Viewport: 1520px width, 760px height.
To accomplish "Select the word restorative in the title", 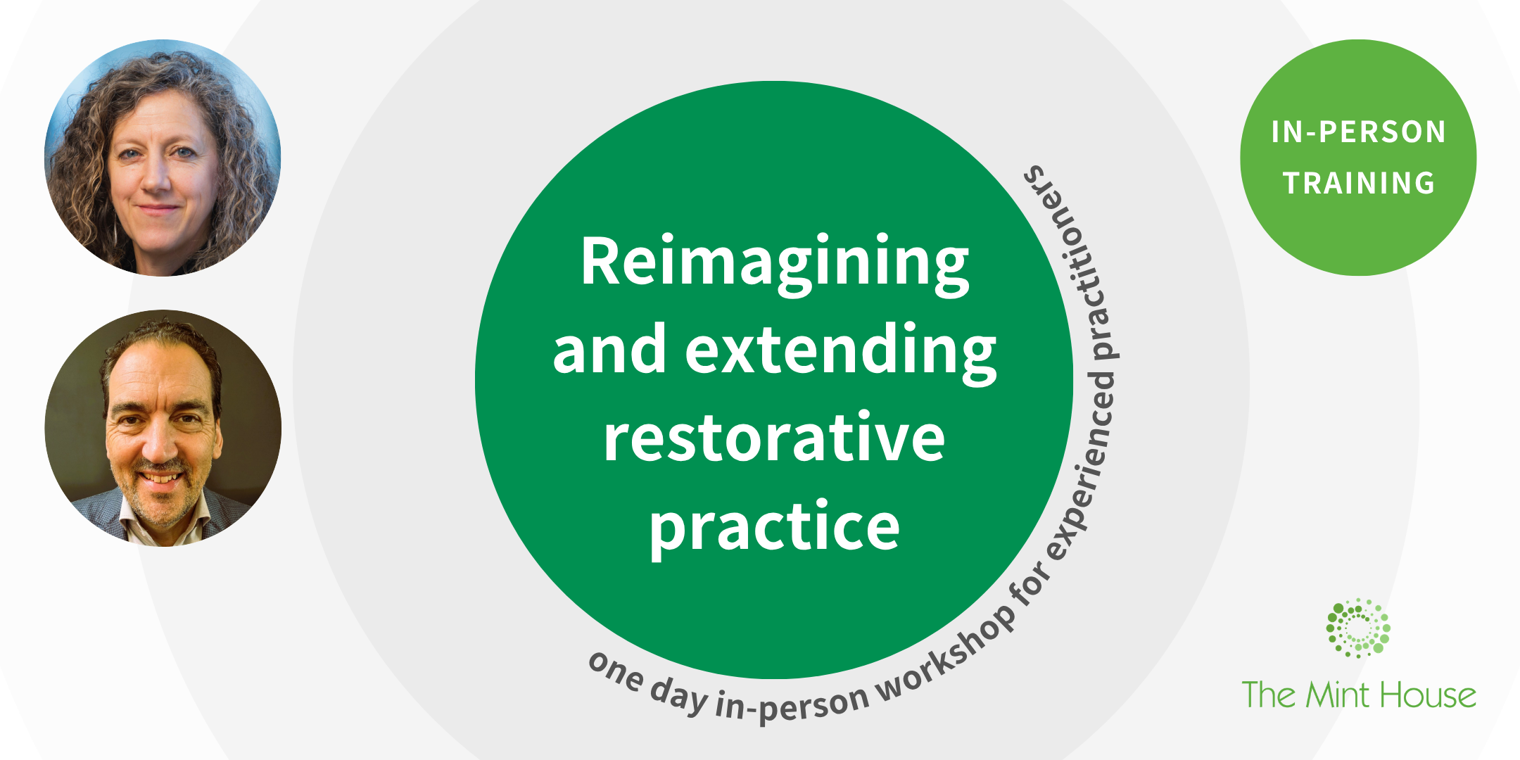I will pos(774,438).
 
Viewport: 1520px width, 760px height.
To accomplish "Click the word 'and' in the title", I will pos(609,350).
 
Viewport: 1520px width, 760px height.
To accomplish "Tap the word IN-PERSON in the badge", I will pos(1358,132).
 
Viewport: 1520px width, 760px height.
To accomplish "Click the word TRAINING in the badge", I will pos(1359,184).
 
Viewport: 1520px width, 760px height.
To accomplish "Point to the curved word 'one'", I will pos(616,672).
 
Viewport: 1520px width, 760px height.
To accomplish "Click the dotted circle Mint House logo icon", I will pos(1357,628).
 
